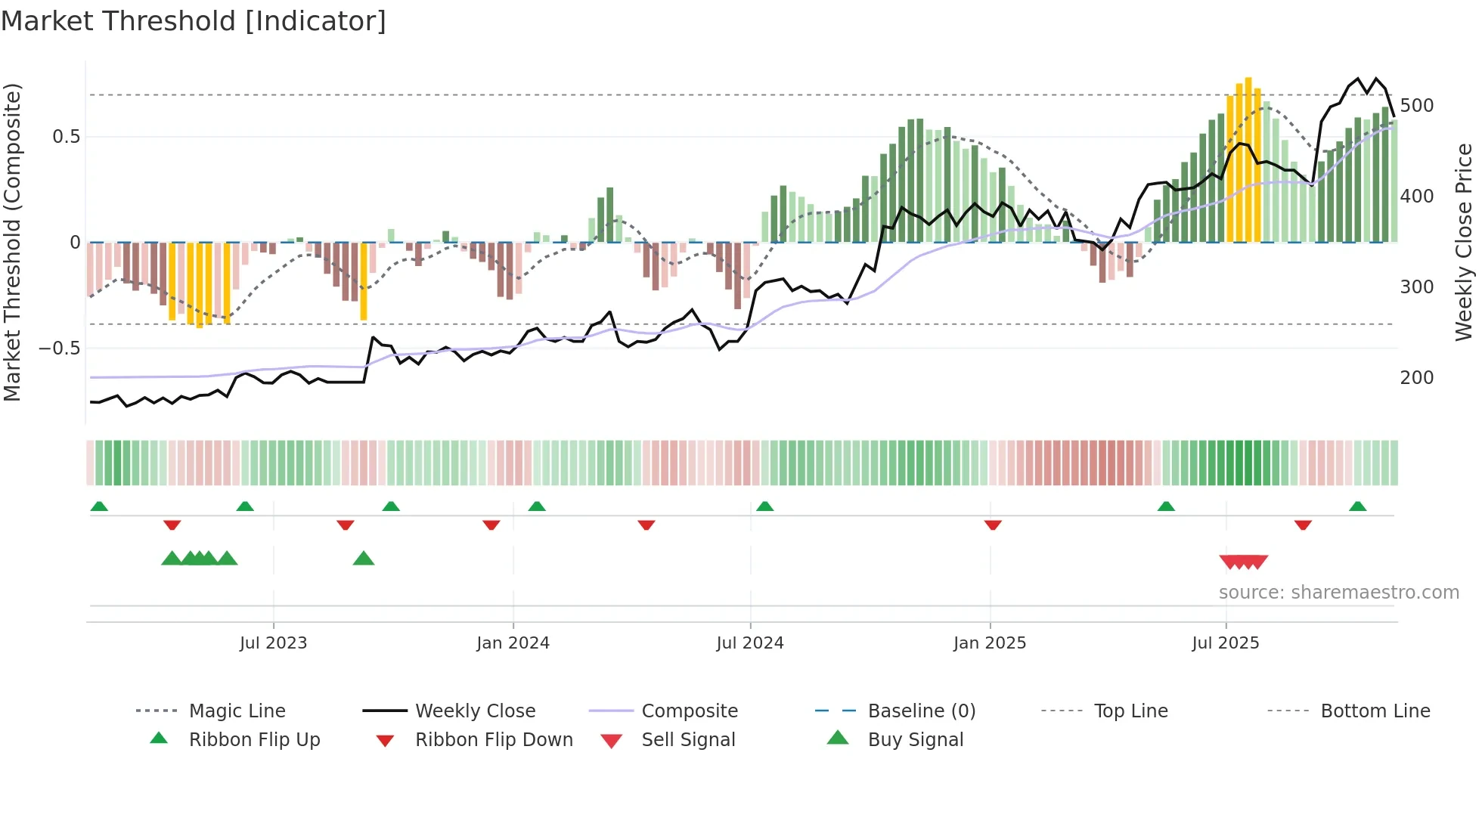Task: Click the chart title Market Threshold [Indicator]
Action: pyautogui.click(x=194, y=21)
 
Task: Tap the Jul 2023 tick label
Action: pyautogui.click(x=273, y=643)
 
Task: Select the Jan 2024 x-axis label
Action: pyautogui.click(x=513, y=643)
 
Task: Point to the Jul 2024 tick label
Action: pyautogui.click(x=749, y=643)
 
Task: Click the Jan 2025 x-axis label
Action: pyautogui.click(x=989, y=643)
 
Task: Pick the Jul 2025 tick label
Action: pyautogui.click(x=1225, y=643)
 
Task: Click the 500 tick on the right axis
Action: pyautogui.click(x=1416, y=106)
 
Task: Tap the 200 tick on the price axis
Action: pyautogui.click(x=1416, y=378)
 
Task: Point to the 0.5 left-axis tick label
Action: pyautogui.click(x=66, y=137)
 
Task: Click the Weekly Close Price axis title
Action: pyautogui.click(x=1464, y=242)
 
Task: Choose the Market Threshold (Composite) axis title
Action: pyautogui.click(x=12, y=242)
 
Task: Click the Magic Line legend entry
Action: pyautogui.click(x=237, y=711)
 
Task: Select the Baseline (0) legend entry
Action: pyautogui.click(x=921, y=711)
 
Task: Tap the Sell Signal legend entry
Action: pyautogui.click(x=687, y=740)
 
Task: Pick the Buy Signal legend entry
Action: pyautogui.click(x=915, y=740)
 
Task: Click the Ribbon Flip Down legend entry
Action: pyautogui.click(x=493, y=740)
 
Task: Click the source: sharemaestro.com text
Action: pyautogui.click(x=1338, y=593)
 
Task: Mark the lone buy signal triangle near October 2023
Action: pyautogui.click(x=364, y=559)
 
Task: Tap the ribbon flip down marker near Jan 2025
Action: pyautogui.click(x=993, y=525)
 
